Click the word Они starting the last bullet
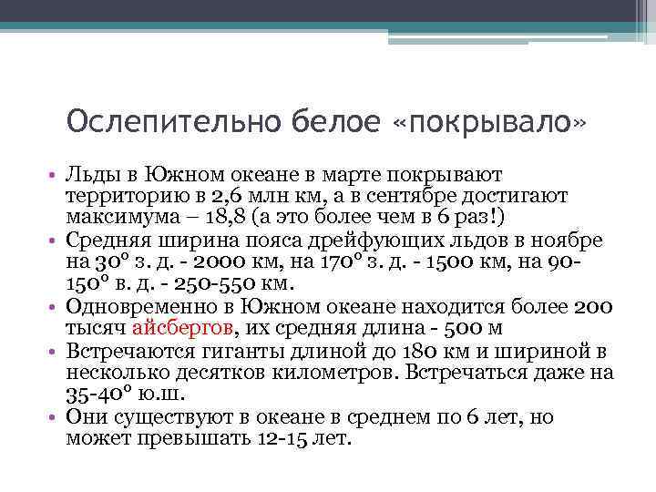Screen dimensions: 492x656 (85, 416)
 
